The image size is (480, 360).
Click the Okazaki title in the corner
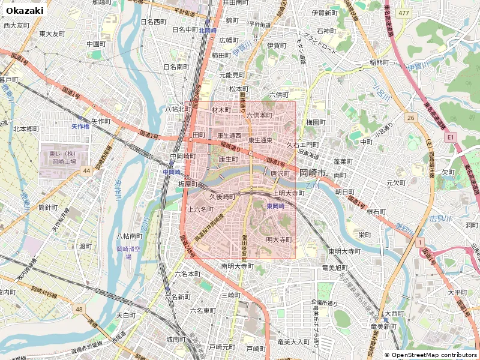pos(25,10)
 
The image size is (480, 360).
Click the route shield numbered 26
pos(410,118)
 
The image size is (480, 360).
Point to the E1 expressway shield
pos(450,137)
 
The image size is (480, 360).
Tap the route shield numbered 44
pos(87,171)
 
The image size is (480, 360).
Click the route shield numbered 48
pos(79,309)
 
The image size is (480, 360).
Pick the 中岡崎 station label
pos(171,172)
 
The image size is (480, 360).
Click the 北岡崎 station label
pos(207,30)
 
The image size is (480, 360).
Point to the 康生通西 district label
pos(229,136)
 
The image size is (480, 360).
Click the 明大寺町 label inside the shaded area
pos(278,239)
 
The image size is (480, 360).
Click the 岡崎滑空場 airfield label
pos(128,252)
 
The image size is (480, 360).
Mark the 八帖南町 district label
pos(130,236)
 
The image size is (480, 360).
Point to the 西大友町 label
pos(16,25)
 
